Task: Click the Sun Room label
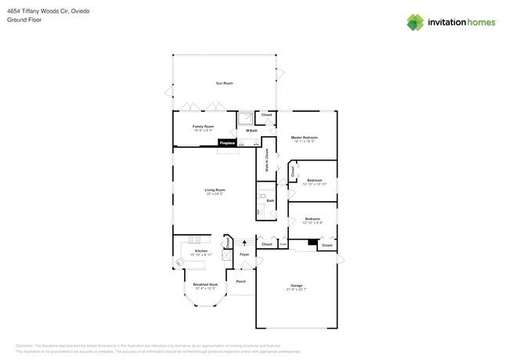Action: pyautogui.click(x=224, y=83)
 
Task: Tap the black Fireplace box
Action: pyautogui.click(x=227, y=143)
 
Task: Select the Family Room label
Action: pyautogui.click(x=204, y=126)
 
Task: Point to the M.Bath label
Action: pyautogui.click(x=252, y=131)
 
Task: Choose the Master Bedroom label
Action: pyautogui.click(x=304, y=138)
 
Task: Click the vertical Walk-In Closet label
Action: pyautogui.click(x=266, y=160)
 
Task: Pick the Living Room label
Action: pyautogui.click(x=215, y=189)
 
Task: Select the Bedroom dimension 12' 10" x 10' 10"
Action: pyautogui.click(x=314, y=184)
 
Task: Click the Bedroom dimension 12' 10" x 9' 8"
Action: pyautogui.click(x=312, y=223)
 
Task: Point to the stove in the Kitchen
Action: pyautogui.click(x=178, y=263)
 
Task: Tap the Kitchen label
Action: pyautogui.click(x=201, y=251)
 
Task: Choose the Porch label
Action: pyautogui.click(x=240, y=281)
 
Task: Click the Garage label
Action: pyautogui.click(x=296, y=286)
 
